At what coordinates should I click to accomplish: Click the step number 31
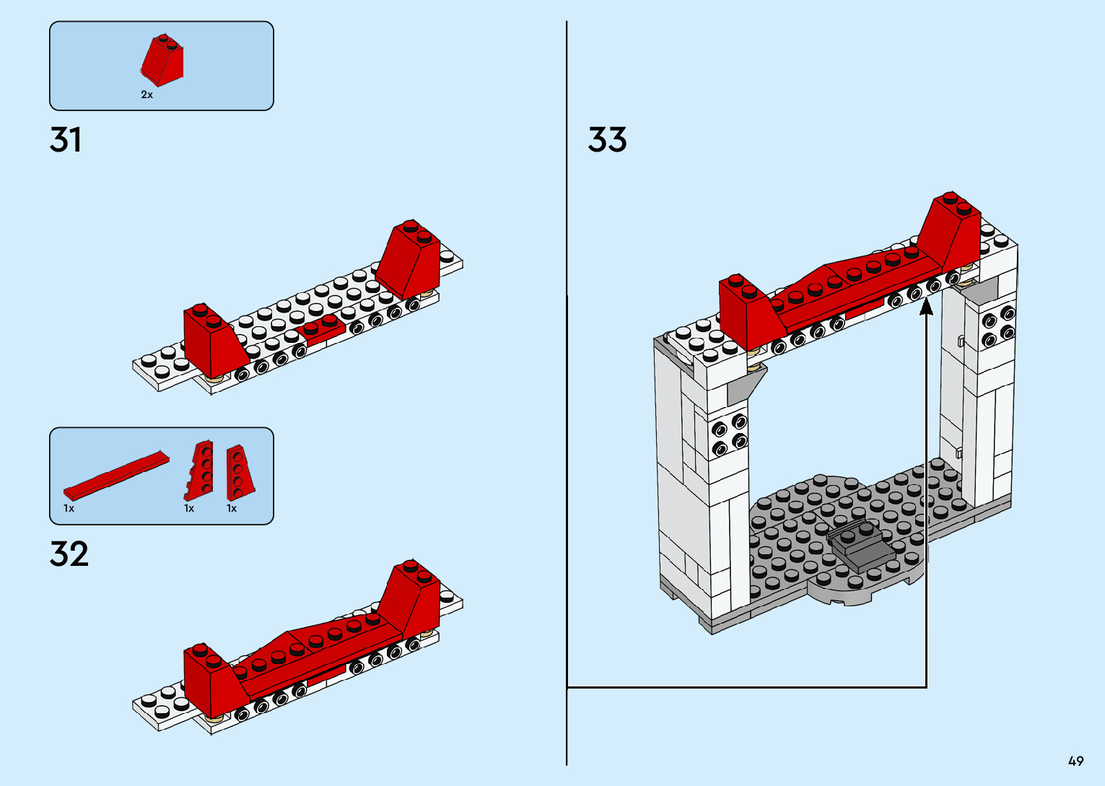pyautogui.click(x=66, y=140)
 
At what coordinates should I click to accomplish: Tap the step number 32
pyautogui.click(x=69, y=554)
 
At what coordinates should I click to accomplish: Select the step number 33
pyautogui.click(x=607, y=140)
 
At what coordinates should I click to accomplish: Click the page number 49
pyautogui.click(x=1075, y=761)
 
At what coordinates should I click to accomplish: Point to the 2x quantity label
pyautogui.click(x=147, y=95)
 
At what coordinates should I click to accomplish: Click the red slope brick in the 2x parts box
pyautogui.click(x=163, y=60)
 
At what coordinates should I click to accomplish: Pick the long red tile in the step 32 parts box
pyautogui.click(x=115, y=476)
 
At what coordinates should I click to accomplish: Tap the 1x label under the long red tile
pyautogui.click(x=69, y=508)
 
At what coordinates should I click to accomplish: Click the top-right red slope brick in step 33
pyautogui.click(x=951, y=230)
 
